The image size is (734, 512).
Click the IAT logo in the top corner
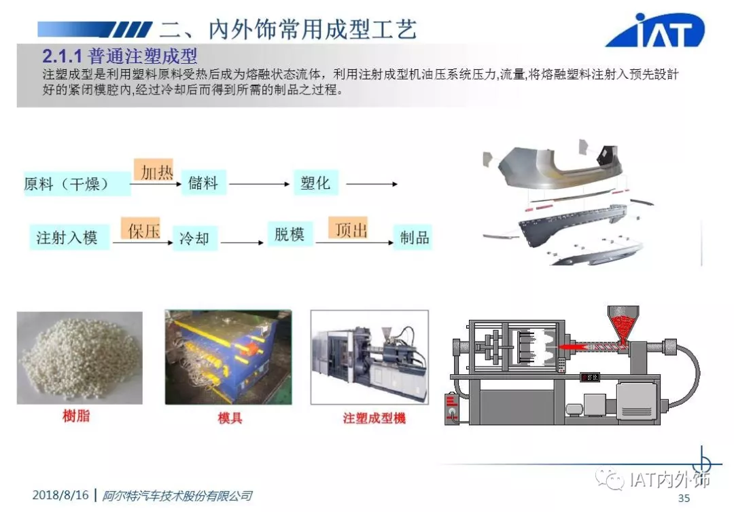[x=655, y=30]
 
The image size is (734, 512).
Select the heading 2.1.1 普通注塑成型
[x=120, y=56]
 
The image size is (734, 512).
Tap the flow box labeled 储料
[x=204, y=183]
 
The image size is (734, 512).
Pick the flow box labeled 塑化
[x=316, y=183]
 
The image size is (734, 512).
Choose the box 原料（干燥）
[x=77, y=183]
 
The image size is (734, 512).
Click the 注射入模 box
[x=69, y=237]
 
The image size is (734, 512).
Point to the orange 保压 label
[x=141, y=230]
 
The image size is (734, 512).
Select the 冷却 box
[x=195, y=238]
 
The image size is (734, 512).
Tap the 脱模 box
[x=290, y=234]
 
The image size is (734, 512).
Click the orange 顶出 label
[x=348, y=229]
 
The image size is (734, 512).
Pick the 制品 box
[x=413, y=238]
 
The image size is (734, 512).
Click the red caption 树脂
[x=76, y=415]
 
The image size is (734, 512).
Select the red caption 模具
[x=230, y=418]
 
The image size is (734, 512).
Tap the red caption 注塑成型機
[x=374, y=418]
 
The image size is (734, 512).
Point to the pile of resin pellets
[x=80, y=357]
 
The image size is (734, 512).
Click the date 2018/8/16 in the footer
[x=60, y=495]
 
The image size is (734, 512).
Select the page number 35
[x=684, y=498]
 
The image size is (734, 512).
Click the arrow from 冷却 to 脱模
[x=242, y=242]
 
